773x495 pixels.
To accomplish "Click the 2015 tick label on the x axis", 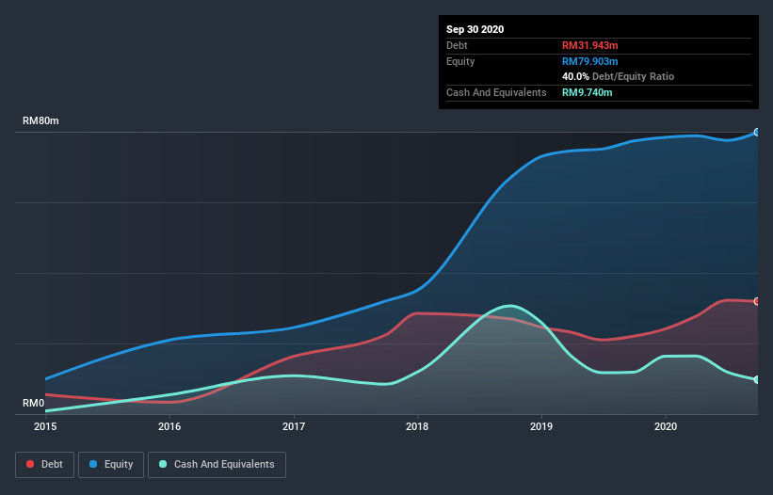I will click(x=45, y=426).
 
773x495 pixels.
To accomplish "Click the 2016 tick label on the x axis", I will click(x=169, y=426).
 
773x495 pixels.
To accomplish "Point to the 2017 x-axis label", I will click(x=294, y=426).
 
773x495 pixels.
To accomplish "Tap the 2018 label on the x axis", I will click(x=417, y=426).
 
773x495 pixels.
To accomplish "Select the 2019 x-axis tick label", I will click(x=541, y=426).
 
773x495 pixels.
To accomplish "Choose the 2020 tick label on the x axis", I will click(x=666, y=426).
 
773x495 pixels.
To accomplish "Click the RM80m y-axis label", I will click(x=41, y=121).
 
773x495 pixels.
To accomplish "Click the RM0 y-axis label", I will click(x=34, y=404).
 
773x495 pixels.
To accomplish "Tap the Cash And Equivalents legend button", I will click(x=217, y=465).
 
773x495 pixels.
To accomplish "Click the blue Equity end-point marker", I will click(x=757, y=133).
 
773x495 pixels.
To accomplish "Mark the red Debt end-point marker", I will click(x=757, y=301).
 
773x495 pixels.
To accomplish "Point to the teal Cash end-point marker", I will click(x=757, y=379).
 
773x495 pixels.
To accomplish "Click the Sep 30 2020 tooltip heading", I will click(x=475, y=29).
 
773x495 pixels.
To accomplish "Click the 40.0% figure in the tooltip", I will click(x=576, y=76).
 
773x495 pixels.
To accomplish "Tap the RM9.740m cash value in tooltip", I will click(x=588, y=92).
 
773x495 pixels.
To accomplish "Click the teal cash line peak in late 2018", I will click(x=509, y=306).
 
